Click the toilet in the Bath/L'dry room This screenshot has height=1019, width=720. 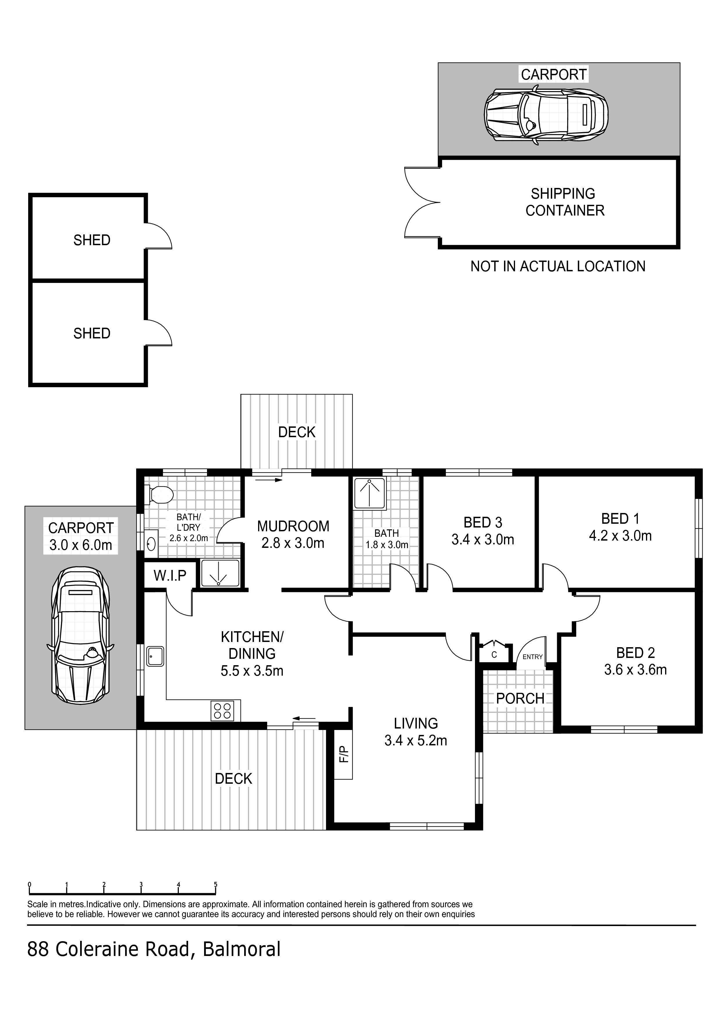(159, 495)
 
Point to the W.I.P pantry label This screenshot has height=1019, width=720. (170, 576)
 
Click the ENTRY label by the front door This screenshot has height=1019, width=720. (532, 656)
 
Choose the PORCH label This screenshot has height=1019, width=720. (520, 699)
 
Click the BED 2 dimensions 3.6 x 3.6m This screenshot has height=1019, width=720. (635, 669)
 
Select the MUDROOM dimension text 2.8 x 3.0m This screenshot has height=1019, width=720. (293, 543)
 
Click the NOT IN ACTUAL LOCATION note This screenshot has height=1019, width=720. (558, 266)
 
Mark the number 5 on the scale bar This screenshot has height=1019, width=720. (216, 885)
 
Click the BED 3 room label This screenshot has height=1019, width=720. (483, 522)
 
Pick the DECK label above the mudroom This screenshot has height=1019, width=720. (296, 432)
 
